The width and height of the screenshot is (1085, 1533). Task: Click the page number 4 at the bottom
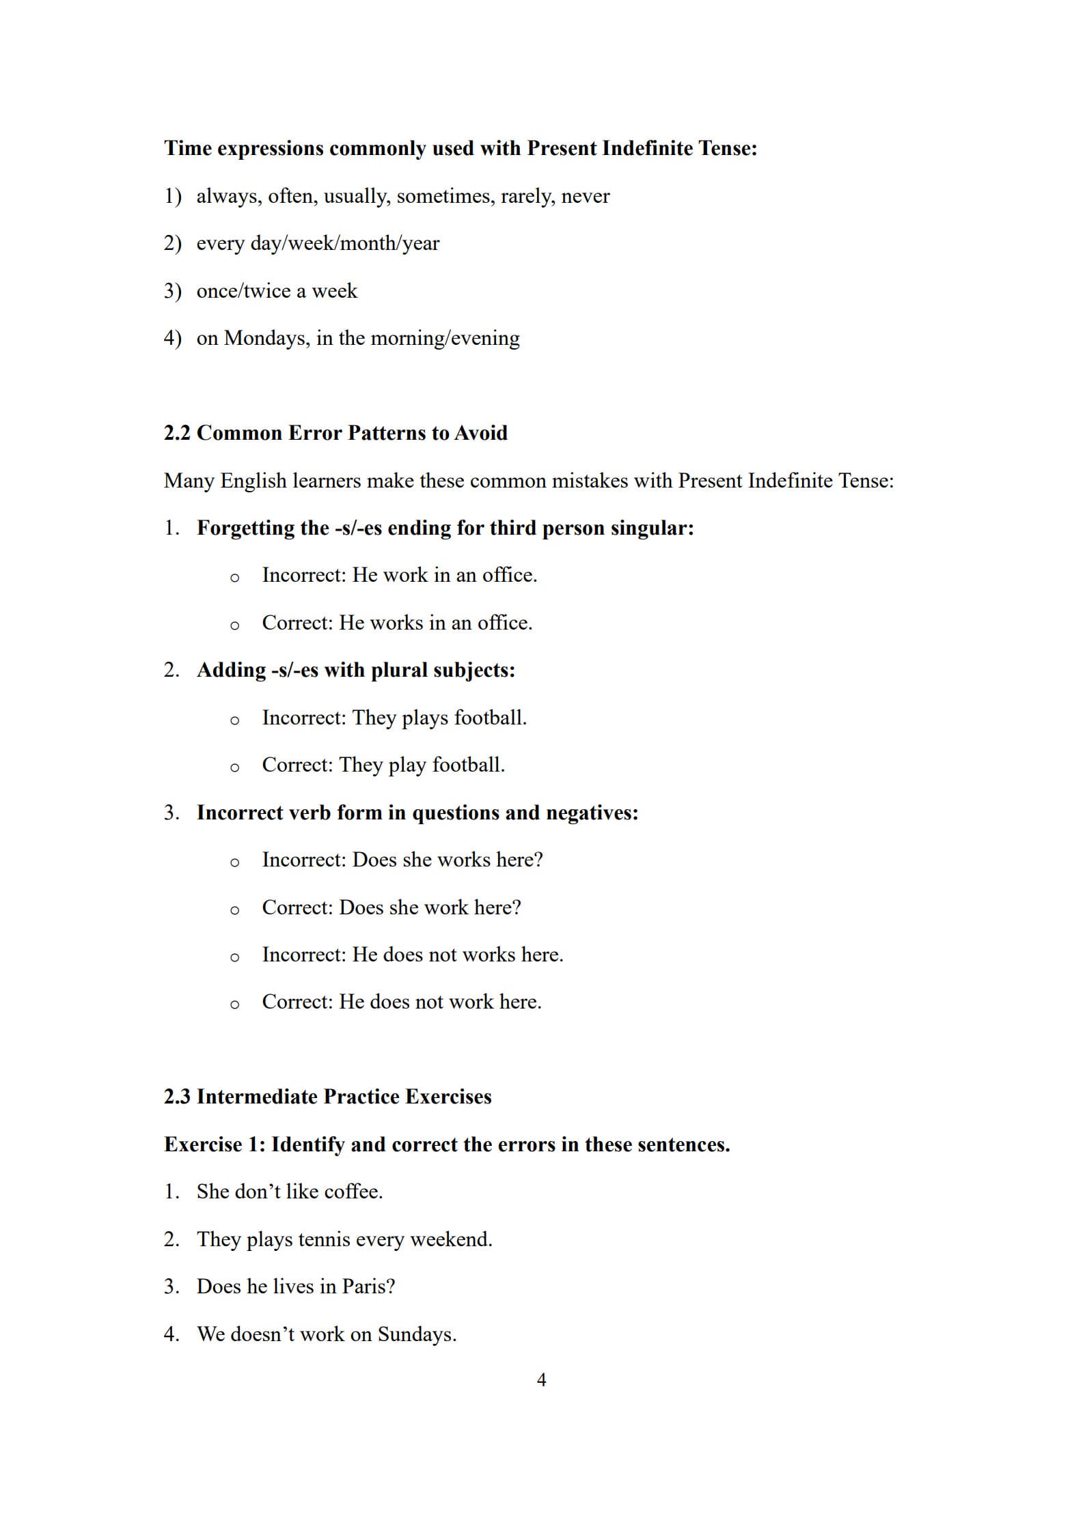[541, 1380]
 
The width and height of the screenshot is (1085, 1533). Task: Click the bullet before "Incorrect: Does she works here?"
[234, 862]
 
